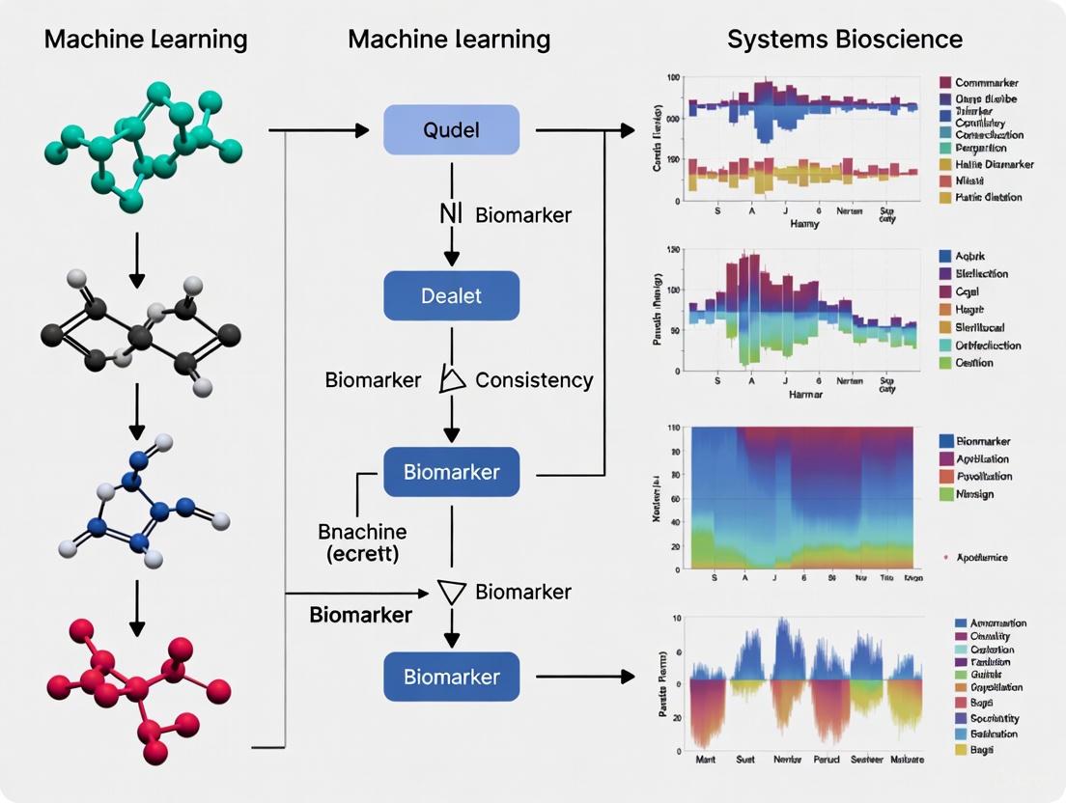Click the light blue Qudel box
(x=451, y=130)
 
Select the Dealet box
(x=451, y=295)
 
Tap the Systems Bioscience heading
(x=844, y=40)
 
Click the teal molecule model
(x=144, y=145)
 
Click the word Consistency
(x=534, y=380)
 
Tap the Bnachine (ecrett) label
(x=362, y=541)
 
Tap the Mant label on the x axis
(x=706, y=759)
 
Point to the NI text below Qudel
(x=451, y=214)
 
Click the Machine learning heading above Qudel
(x=449, y=40)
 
